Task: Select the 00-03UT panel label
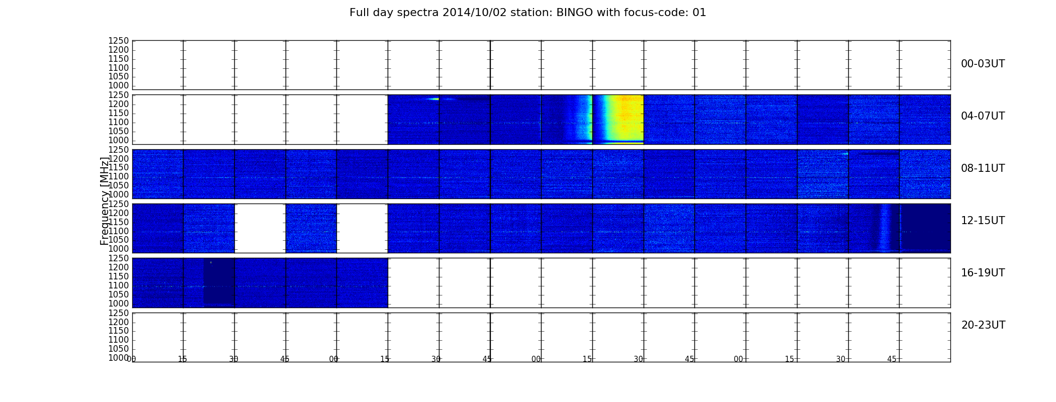[983, 64]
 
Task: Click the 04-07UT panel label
[983, 116]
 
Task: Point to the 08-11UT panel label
[983, 168]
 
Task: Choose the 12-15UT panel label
[983, 221]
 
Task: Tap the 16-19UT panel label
[983, 273]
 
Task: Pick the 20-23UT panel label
[983, 325]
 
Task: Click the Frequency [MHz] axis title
[105, 201]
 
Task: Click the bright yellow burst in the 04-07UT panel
[620, 119]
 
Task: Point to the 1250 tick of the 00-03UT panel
[119, 41]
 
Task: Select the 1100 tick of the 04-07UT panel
[119, 123]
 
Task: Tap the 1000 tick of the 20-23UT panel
[119, 358]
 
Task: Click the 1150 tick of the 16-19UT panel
[119, 276]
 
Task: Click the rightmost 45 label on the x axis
[892, 359]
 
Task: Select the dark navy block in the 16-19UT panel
[219, 282]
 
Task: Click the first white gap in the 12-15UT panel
[260, 228]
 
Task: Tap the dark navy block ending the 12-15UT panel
[925, 228]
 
